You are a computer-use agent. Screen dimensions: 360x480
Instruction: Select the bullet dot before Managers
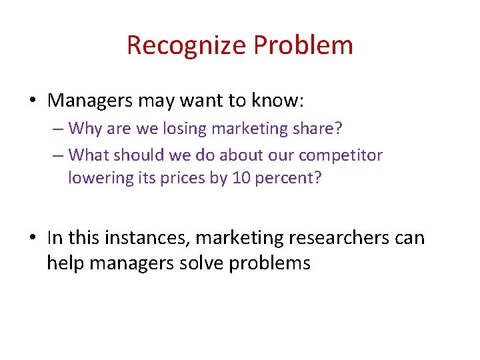[x=33, y=101]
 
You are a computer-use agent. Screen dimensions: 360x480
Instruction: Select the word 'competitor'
[x=341, y=155]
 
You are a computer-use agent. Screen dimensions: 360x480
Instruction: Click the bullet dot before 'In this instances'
[x=33, y=238]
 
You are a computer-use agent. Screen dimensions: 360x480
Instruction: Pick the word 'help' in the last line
[x=65, y=263]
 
